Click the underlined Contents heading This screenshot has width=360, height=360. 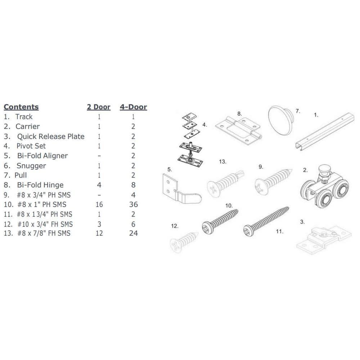pos(21,107)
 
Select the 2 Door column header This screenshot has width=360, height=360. pos(99,107)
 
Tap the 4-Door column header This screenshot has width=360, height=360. pos(134,107)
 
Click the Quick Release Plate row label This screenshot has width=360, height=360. pos(51,136)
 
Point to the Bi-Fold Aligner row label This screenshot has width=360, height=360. pos(42,156)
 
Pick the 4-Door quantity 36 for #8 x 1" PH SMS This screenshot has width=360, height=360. pos(134,204)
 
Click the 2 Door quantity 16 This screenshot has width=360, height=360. pos(99,204)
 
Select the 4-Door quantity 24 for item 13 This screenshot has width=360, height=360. pos(134,233)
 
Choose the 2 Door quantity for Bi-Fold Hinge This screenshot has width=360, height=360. pos(99,185)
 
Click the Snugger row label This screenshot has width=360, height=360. pos(31,166)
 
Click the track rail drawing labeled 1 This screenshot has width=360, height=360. pos(325,131)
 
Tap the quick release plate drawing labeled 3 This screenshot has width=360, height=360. pos(324,240)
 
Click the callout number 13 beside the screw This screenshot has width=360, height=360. pos(222,162)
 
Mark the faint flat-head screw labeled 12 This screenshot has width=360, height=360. pos(184,242)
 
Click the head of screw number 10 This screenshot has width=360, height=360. pos(208,227)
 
